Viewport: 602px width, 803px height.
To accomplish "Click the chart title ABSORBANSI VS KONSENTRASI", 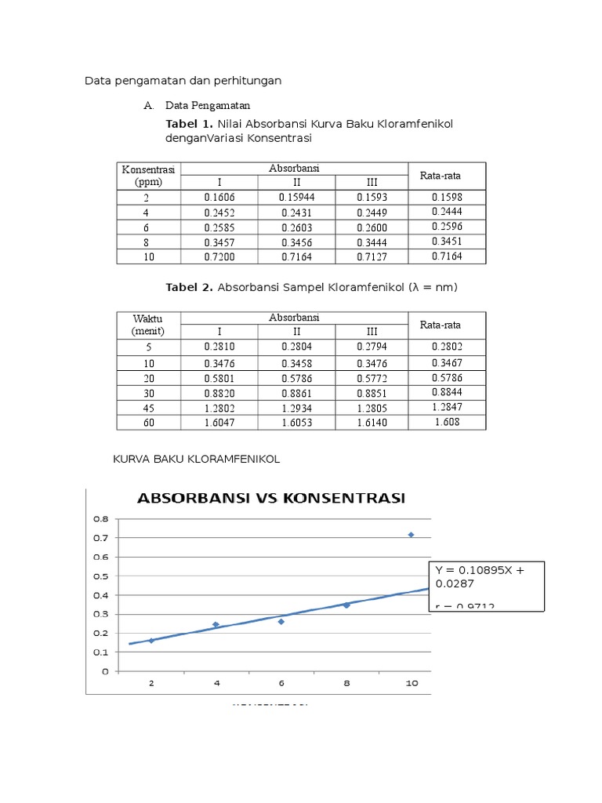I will click(x=270, y=499).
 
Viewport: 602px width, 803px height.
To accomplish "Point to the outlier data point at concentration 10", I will click(x=411, y=535).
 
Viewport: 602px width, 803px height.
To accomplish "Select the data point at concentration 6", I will click(x=281, y=621).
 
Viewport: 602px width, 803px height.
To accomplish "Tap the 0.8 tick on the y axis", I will click(x=101, y=519).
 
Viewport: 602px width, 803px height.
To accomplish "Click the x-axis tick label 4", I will click(x=216, y=684).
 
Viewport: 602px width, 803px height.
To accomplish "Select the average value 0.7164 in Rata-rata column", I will click(x=447, y=256).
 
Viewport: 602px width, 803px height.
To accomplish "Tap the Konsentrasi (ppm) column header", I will click(x=148, y=176).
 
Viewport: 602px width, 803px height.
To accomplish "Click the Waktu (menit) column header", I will click(x=148, y=325).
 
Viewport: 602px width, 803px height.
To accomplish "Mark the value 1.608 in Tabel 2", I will click(x=447, y=422).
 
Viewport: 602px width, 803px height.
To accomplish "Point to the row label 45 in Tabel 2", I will click(x=148, y=408).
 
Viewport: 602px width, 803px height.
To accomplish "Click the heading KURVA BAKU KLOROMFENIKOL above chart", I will click(x=198, y=460).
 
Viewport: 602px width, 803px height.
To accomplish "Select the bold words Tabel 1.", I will click(x=189, y=124).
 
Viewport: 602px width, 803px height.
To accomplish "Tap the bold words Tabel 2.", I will click(x=189, y=288).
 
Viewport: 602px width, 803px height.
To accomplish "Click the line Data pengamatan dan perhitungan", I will click(x=183, y=81).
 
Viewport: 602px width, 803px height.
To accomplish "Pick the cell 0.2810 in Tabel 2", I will click(x=219, y=347).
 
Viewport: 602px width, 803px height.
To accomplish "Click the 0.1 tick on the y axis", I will click(x=101, y=652).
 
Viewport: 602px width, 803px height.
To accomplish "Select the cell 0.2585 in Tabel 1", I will click(x=219, y=227).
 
